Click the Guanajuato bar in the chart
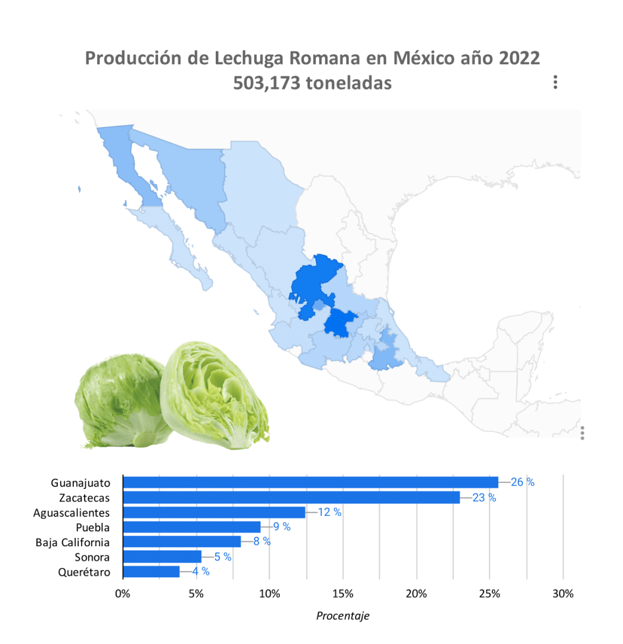click(310, 482)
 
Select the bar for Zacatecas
click(291, 497)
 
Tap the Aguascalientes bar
click(213, 512)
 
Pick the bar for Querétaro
click(151, 572)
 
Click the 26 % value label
click(523, 482)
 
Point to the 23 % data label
click(484, 497)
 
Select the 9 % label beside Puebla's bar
click(281, 527)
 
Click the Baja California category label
click(73, 543)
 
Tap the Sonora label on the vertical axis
click(92, 558)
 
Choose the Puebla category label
click(93, 527)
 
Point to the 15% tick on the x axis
click(343, 594)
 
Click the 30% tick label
click(563, 594)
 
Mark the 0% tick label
click(122, 594)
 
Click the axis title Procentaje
click(342, 616)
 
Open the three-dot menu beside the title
click(555, 82)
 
